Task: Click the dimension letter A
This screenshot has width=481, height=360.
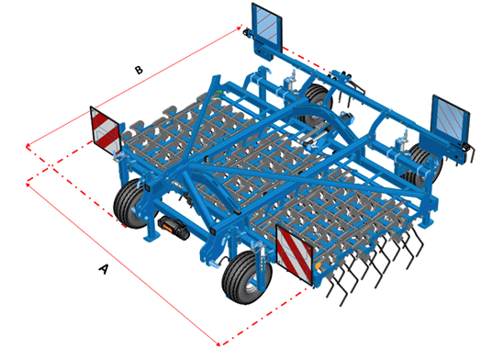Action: [104, 269]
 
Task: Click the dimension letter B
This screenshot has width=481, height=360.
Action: [139, 70]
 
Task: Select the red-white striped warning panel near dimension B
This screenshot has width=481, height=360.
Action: [105, 130]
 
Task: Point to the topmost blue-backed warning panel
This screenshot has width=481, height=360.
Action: [266, 27]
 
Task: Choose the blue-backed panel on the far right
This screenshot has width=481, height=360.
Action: [451, 118]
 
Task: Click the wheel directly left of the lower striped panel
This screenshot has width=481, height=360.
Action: [247, 276]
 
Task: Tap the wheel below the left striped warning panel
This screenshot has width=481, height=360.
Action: [130, 203]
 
